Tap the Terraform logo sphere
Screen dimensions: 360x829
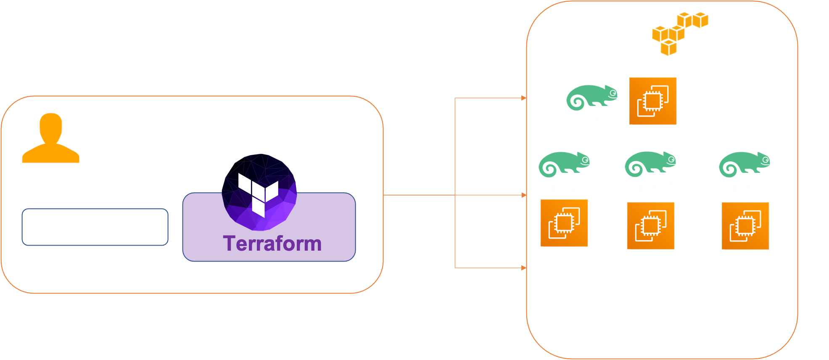click(259, 192)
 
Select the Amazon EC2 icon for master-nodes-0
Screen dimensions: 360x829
click(652, 101)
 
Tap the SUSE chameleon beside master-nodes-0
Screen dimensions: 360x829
click(591, 97)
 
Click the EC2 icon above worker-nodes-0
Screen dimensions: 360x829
click(564, 223)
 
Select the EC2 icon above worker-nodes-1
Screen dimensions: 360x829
click(651, 226)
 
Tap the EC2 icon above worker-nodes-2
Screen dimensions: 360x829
click(745, 226)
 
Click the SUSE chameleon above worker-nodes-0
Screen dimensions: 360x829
click(564, 164)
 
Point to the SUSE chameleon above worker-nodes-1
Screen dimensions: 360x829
click(650, 164)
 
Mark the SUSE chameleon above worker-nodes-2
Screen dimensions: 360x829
click(744, 164)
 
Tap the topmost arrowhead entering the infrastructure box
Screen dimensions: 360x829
click(524, 98)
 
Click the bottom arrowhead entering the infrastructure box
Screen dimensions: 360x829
click(524, 267)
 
